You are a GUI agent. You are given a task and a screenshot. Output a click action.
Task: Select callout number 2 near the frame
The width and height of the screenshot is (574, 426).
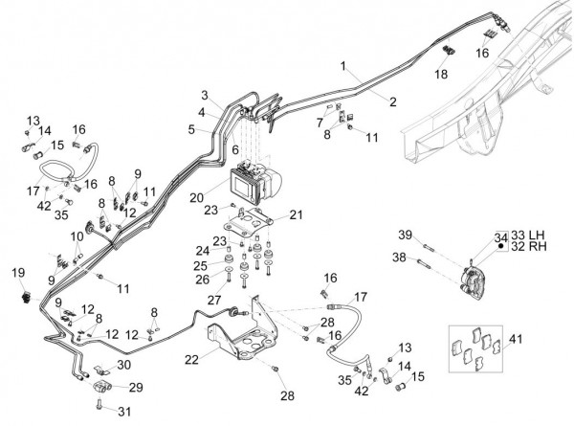(393, 100)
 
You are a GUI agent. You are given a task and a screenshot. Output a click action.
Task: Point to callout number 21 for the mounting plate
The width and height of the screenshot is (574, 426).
(295, 214)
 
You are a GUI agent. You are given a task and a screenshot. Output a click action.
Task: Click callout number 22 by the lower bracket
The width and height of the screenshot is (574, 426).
(193, 359)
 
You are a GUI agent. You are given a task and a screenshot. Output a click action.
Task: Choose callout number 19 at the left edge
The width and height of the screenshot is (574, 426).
(17, 274)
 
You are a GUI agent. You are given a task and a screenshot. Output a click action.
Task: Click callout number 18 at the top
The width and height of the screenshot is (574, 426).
(442, 74)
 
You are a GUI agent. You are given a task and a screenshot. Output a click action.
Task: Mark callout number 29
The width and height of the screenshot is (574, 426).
(134, 387)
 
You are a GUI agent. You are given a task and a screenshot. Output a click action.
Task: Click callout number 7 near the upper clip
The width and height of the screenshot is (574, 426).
(320, 123)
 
